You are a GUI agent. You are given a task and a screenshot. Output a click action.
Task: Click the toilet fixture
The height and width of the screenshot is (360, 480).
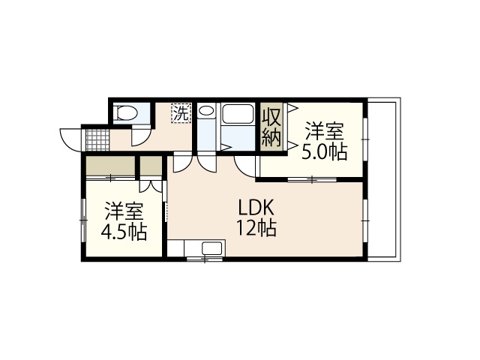pos(127,113)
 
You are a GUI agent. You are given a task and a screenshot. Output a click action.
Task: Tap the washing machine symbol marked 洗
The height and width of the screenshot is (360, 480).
pos(181,113)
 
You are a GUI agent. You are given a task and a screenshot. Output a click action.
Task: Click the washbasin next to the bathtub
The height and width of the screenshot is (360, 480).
pos(206,113)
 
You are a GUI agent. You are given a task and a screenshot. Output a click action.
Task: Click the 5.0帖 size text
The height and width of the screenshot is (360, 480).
pos(325,152)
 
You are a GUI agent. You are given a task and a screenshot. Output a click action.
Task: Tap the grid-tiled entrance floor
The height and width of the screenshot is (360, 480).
pos(97,139)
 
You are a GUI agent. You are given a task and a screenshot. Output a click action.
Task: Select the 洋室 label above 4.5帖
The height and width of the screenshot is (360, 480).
pos(124,209)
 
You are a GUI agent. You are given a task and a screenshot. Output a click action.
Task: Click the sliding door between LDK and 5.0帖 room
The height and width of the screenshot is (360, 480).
pos(310,179)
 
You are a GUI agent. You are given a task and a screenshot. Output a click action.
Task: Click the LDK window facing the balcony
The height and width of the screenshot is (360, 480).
pos(365,220)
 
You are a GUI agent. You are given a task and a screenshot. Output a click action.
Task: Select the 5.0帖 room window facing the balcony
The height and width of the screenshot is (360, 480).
pos(365,139)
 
